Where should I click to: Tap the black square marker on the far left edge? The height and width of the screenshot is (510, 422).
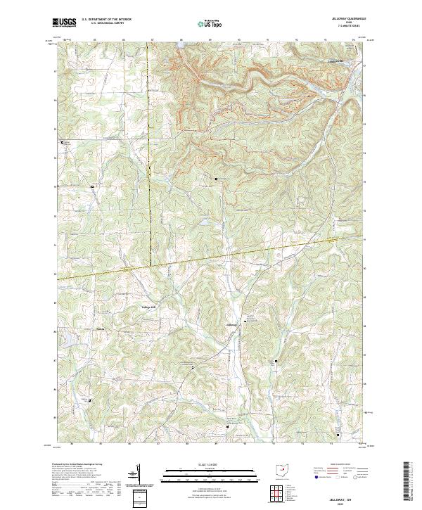click(x=62, y=141)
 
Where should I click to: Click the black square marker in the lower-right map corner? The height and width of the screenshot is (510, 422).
click(x=338, y=435)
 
